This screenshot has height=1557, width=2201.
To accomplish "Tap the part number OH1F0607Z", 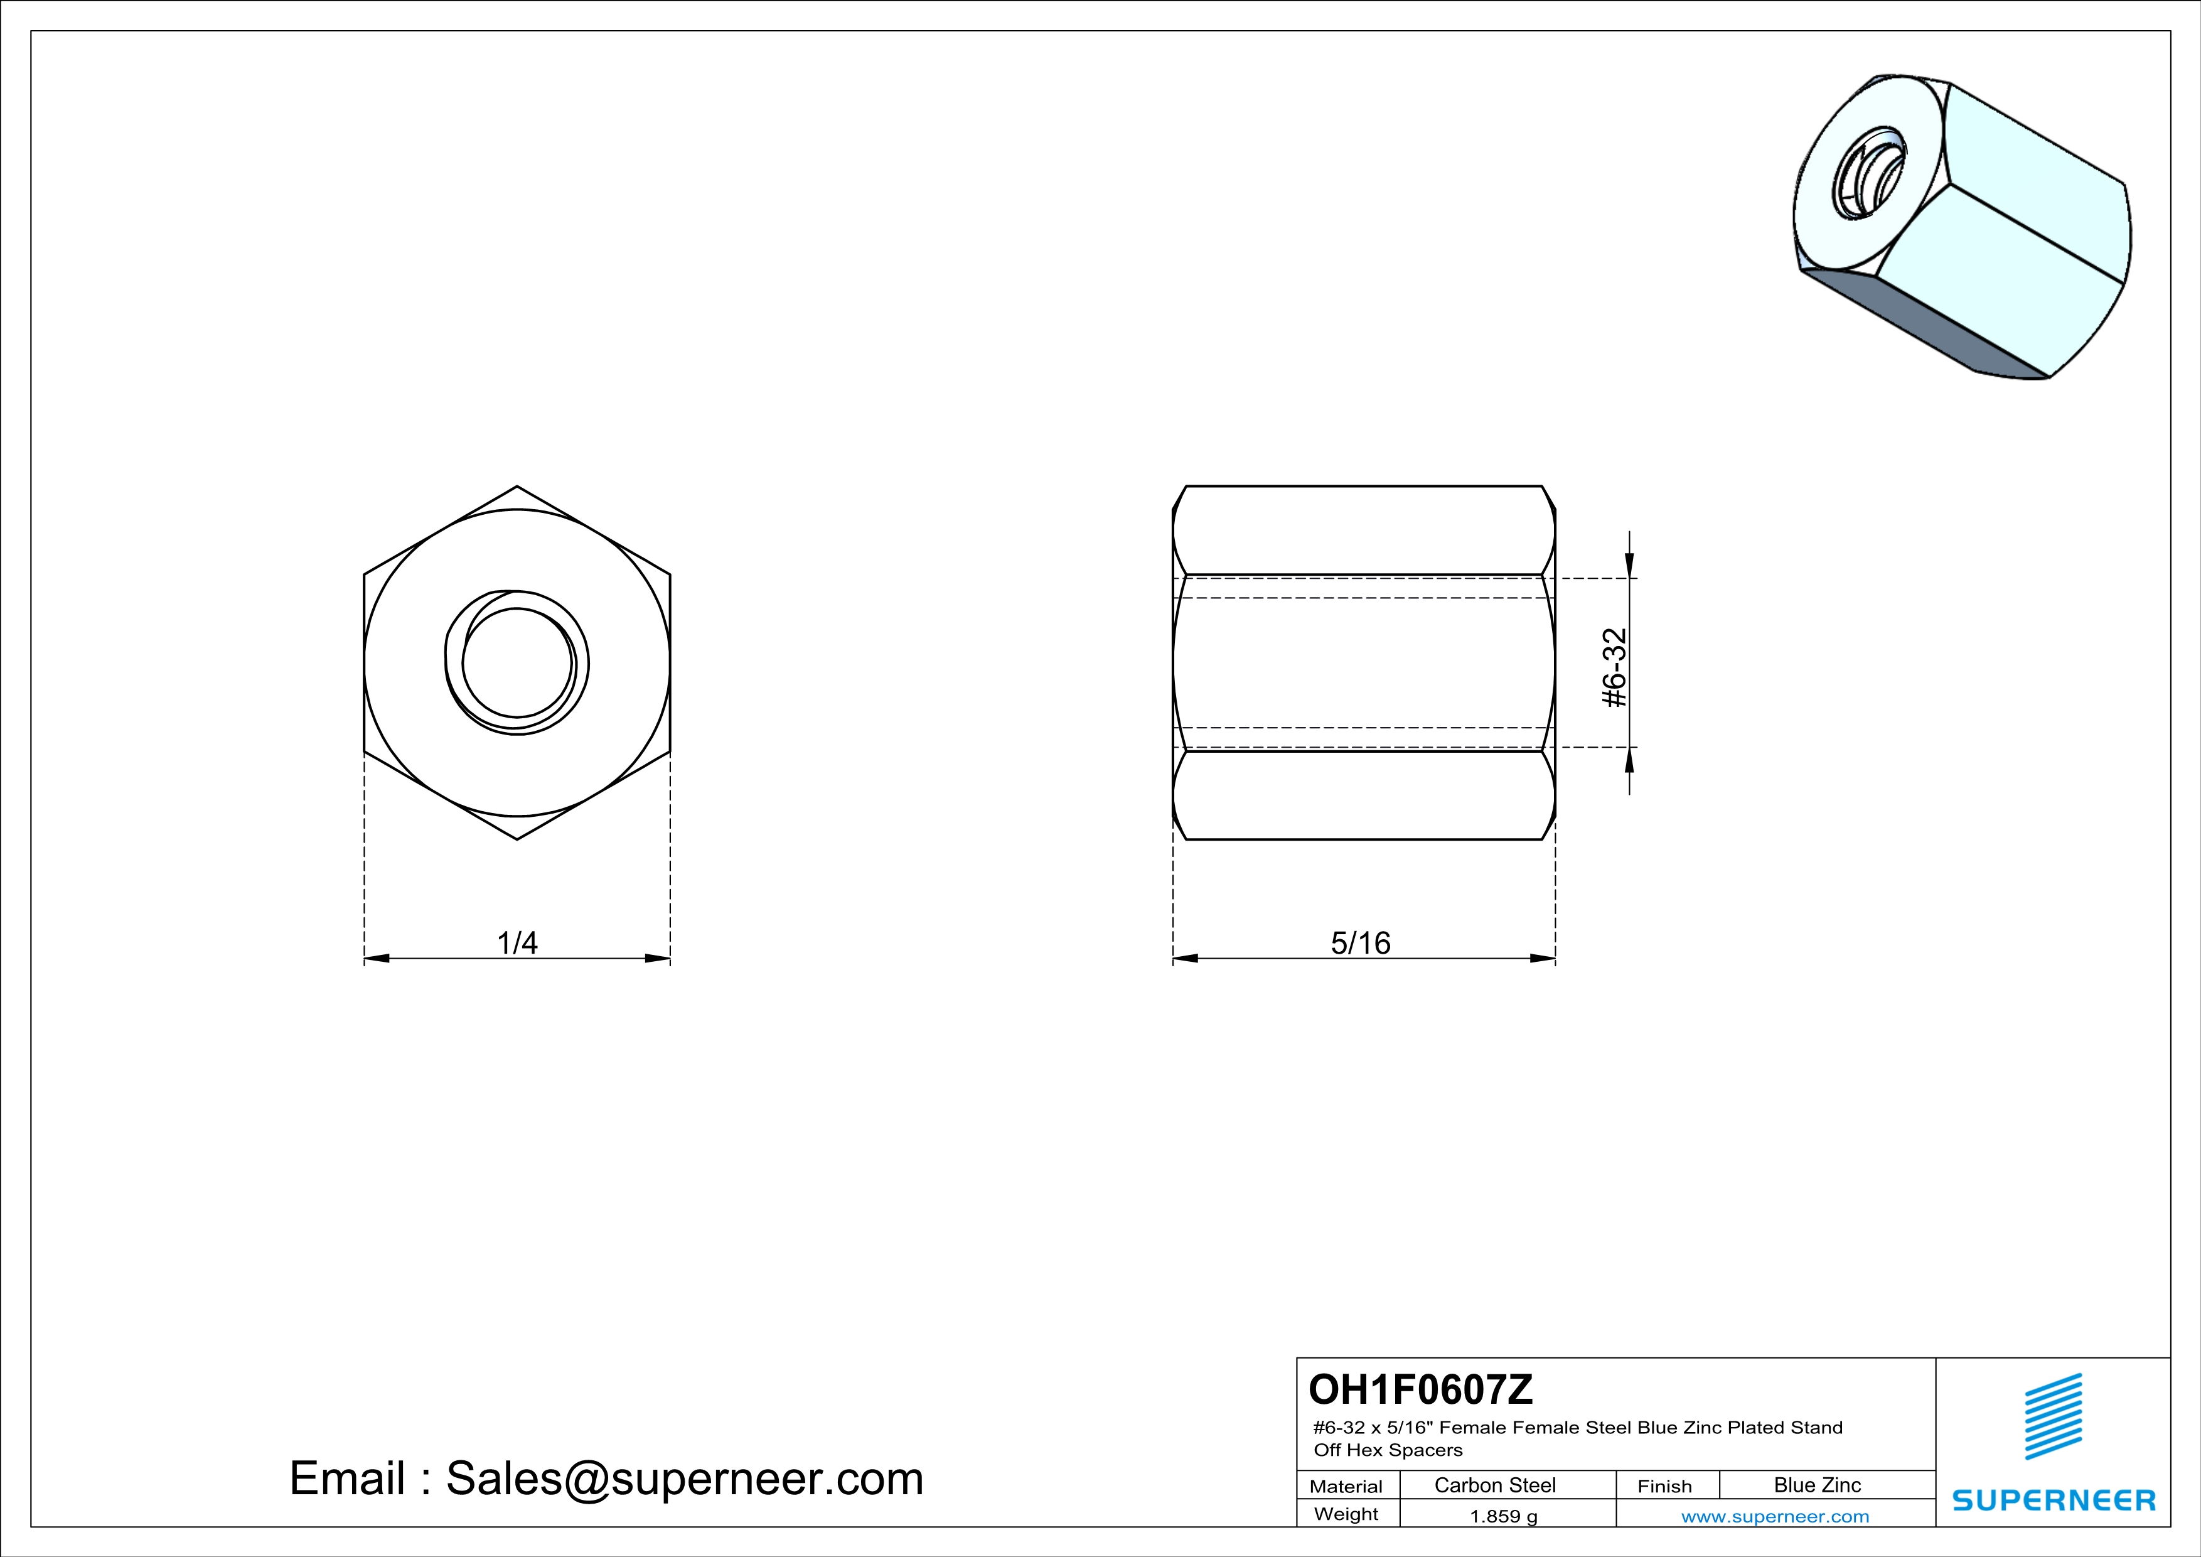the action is [x=1421, y=1388].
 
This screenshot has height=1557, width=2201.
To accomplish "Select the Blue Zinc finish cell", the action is [x=1818, y=1485].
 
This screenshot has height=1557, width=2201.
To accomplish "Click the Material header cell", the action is [x=1346, y=1486].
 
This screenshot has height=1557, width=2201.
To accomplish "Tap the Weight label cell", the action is [x=1346, y=1514].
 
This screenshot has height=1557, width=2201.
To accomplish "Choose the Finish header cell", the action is [x=1665, y=1486].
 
